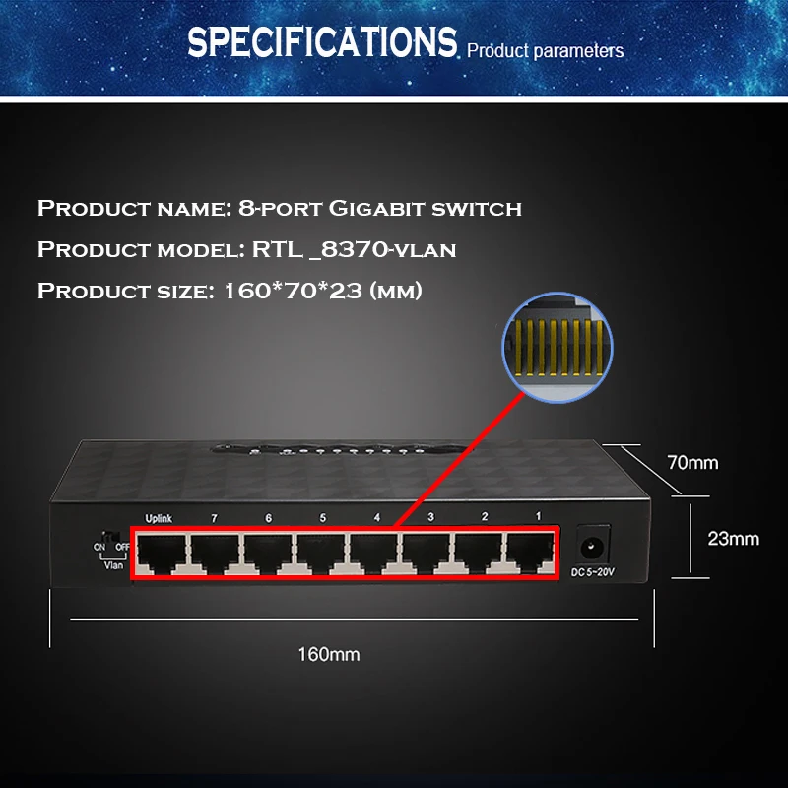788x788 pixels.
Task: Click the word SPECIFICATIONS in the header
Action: (x=321, y=42)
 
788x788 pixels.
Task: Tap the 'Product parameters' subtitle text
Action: (x=545, y=50)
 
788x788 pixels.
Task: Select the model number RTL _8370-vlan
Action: (x=355, y=249)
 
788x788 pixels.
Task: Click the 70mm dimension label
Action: (x=693, y=462)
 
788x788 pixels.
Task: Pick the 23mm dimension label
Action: (x=734, y=538)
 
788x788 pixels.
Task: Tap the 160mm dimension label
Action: (x=330, y=654)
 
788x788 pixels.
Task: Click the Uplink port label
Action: (x=159, y=518)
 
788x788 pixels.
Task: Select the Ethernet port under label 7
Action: (x=215, y=555)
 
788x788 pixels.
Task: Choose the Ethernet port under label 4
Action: (x=373, y=555)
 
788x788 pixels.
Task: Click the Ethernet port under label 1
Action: (x=531, y=555)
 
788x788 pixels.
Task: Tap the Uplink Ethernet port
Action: (x=162, y=555)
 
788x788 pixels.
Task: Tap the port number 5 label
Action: (x=322, y=518)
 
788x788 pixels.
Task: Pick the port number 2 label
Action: (x=484, y=518)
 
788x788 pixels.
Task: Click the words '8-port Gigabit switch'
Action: (x=380, y=208)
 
